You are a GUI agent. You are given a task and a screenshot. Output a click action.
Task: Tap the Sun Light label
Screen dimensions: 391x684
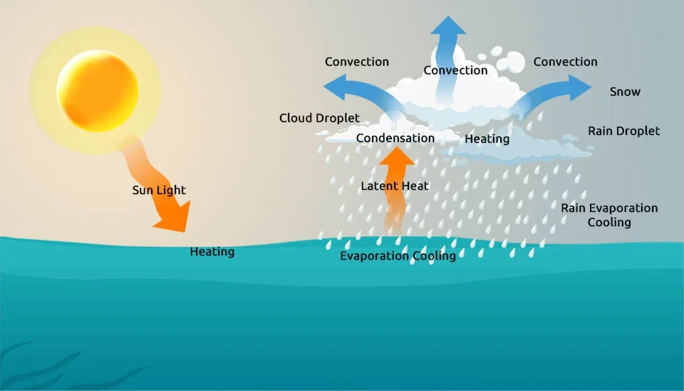pos(159,191)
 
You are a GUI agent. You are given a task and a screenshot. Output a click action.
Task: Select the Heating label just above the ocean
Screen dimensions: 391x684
pos(212,252)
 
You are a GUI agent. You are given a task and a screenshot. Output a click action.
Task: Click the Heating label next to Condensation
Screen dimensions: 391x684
pos(487,139)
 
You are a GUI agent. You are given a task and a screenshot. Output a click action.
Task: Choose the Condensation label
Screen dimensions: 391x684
pos(395,138)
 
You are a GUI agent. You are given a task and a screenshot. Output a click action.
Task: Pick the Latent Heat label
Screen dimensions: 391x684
pos(395,186)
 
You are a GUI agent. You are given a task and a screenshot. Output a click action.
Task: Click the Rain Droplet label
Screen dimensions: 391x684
pos(623,131)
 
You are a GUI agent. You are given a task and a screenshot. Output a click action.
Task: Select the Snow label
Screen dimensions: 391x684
pos(625,92)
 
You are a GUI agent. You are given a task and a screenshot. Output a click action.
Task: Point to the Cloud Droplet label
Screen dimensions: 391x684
pos(319,118)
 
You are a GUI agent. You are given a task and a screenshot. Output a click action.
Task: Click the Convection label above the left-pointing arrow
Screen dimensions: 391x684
pos(357,62)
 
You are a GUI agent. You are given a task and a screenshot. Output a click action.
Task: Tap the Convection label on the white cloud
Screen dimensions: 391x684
pos(455,71)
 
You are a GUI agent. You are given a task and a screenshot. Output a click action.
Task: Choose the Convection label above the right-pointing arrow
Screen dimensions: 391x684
pos(565,62)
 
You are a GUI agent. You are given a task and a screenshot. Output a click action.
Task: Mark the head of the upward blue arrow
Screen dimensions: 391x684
pos(448,26)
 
